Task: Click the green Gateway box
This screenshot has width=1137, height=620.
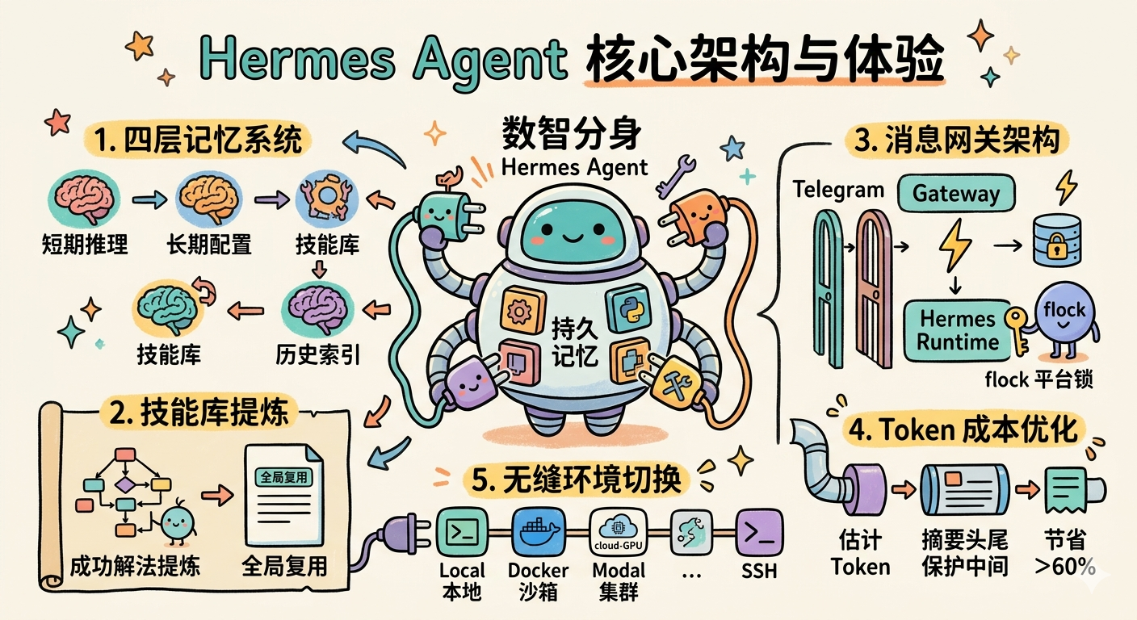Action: [956, 194]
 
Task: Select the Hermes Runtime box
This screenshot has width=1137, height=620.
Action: [959, 329]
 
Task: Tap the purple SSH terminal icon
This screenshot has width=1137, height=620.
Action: [758, 531]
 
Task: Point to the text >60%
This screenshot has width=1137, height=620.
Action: [1065, 567]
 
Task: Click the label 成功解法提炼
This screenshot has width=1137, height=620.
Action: [135, 565]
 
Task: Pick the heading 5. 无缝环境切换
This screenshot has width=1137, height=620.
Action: [577, 480]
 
